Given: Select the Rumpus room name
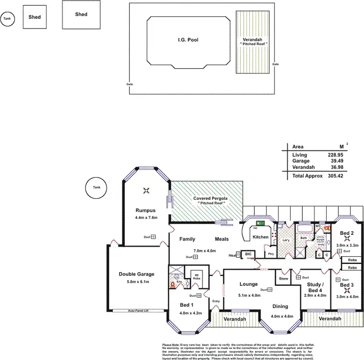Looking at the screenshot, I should [x=145, y=210].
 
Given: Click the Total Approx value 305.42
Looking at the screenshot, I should [x=335, y=176].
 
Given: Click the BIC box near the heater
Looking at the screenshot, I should [x=248, y=254].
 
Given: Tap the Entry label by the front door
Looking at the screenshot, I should [x=216, y=301].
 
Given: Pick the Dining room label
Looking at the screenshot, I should [x=280, y=306].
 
